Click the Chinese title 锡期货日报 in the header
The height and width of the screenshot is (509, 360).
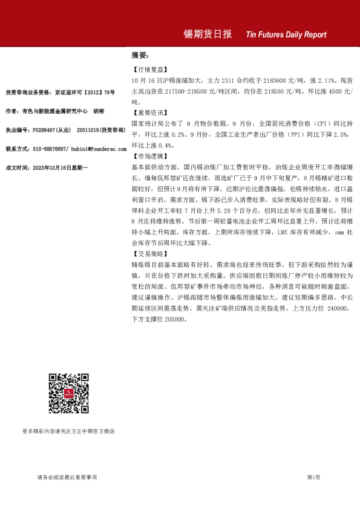click(208, 34)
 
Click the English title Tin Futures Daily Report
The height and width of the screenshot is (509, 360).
click(286, 35)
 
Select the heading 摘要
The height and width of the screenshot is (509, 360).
click(140, 55)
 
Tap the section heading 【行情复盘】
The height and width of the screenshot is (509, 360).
click(149, 70)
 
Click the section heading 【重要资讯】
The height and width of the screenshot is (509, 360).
click(149, 112)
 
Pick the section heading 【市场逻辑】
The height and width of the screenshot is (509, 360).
click(149, 155)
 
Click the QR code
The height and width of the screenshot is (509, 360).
click(69, 394)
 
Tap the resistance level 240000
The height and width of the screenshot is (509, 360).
click(334, 308)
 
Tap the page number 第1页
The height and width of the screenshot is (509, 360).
click(313, 477)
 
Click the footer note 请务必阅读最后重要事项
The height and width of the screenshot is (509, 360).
click(67, 477)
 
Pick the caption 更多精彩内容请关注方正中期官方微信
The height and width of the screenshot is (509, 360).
click(68, 431)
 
